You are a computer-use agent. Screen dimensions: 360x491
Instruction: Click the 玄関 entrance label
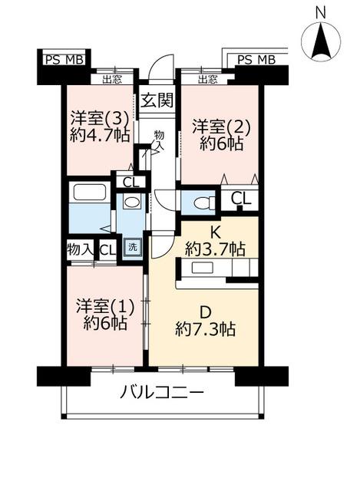click(x=157, y=101)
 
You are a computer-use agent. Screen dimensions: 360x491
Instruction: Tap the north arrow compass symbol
click(x=321, y=41)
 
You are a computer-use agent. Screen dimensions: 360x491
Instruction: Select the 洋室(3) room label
click(x=100, y=119)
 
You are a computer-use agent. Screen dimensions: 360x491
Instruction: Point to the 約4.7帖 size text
click(x=100, y=136)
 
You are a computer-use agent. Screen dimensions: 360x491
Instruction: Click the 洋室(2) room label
click(x=221, y=127)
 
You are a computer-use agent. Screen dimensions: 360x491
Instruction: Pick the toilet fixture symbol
click(x=204, y=203)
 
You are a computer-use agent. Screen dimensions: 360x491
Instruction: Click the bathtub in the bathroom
click(x=89, y=192)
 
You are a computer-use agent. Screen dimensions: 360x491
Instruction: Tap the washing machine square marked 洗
click(x=133, y=247)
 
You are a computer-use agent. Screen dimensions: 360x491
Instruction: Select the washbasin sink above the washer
click(x=130, y=201)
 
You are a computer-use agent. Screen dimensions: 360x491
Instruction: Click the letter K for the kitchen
click(x=215, y=232)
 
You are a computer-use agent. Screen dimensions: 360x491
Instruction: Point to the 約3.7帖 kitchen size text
click(x=215, y=249)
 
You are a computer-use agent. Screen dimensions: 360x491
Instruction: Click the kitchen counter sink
click(x=203, y=268)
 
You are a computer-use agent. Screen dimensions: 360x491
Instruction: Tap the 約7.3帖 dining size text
click(x=205, y=328)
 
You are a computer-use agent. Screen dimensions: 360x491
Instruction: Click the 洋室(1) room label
click(x=105, y=306)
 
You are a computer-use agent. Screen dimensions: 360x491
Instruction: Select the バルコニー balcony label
click(x=162, y=392)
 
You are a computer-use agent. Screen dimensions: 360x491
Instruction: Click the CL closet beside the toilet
click(x=240, y=198)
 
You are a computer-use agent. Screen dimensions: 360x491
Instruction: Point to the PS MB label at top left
click(x=64, y=60)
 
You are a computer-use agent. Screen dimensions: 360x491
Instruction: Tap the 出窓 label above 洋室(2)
click(x=207, y=79)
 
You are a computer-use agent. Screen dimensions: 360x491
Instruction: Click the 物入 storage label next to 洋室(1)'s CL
click(x=80, y=249)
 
